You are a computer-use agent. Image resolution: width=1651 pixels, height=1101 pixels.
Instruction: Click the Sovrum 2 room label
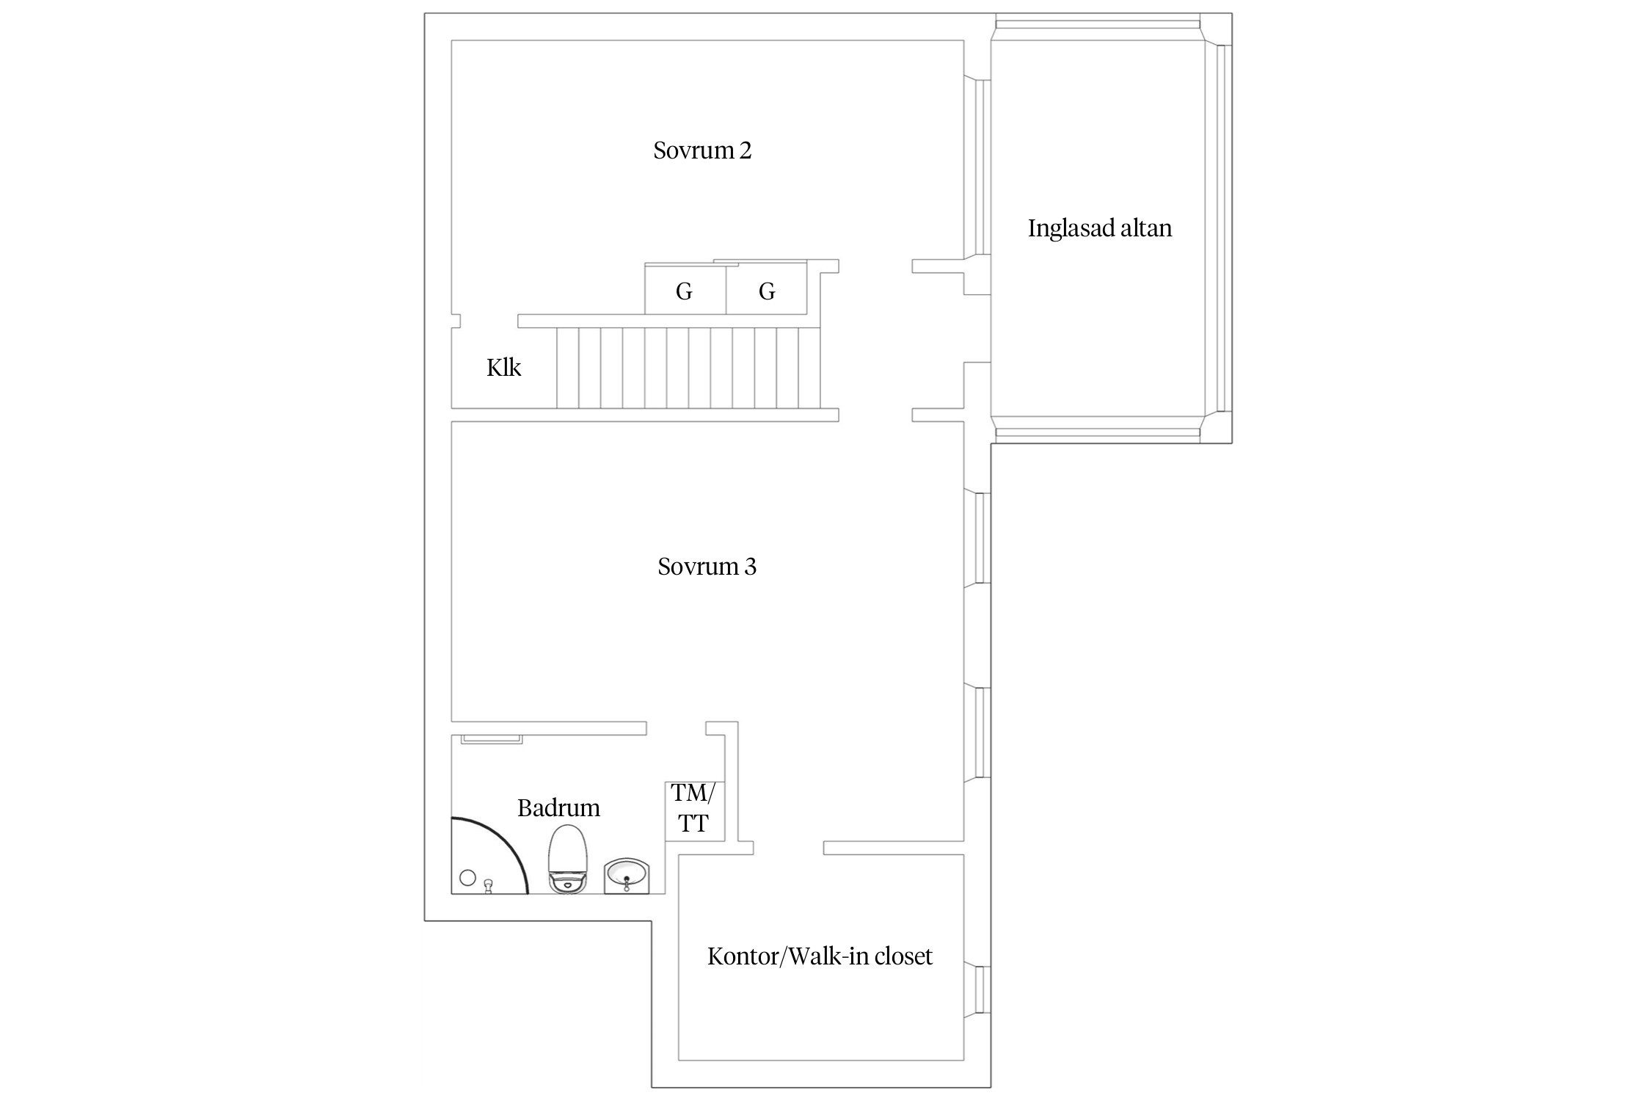pos(702,150)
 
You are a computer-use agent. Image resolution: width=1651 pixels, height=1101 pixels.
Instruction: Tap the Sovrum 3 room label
pos(707,567)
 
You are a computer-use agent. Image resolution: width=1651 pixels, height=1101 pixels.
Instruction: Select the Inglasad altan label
pos(1100,228)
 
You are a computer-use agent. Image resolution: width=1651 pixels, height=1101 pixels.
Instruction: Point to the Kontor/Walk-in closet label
pos(820,956)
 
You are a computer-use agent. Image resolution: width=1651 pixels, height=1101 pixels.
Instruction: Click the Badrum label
pos(558,808)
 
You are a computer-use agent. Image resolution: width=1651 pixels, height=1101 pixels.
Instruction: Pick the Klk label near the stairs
pos(503,367)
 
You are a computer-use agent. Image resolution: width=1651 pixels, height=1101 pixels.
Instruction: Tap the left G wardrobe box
pos(685,288)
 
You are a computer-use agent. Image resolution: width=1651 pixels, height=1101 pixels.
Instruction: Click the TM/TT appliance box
pos(695,811)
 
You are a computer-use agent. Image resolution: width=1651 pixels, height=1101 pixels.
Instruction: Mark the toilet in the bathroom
pos(568,858)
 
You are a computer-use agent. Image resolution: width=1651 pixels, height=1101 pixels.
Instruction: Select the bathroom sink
pos(626,876)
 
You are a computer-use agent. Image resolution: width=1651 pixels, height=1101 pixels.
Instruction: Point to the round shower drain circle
pos(467,877)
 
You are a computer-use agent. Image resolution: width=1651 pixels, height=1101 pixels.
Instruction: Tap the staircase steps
pos(688,368)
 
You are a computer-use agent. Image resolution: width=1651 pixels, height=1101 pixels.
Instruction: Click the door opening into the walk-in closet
pos(788,848)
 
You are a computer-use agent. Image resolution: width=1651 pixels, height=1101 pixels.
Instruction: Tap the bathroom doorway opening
pos(676,728)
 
